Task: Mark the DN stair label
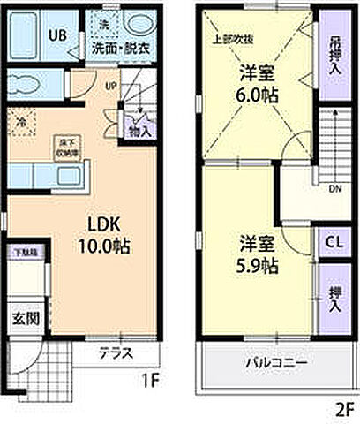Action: click(335, 188)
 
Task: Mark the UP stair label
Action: click(110, 86)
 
